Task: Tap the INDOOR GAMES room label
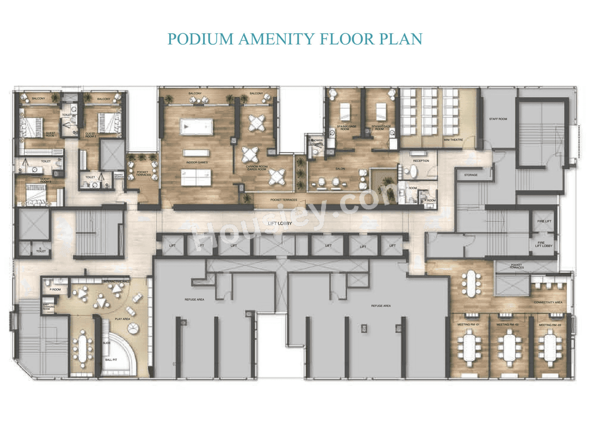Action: coord(197,163)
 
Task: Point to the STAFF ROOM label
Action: coord(498,119)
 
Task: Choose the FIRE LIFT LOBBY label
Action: coord(544,244)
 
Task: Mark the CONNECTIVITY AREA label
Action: coord(548,302)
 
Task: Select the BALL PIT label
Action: coord(111,359)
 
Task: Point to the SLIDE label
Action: coord(106,343)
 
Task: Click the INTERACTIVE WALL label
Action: coord(117,281)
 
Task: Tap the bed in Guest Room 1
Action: coord(31,126)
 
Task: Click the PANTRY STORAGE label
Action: coord(119,176)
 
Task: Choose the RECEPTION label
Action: coord(421,161)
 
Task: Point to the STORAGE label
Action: coord(471,175)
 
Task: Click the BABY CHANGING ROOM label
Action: coord(49,308)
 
